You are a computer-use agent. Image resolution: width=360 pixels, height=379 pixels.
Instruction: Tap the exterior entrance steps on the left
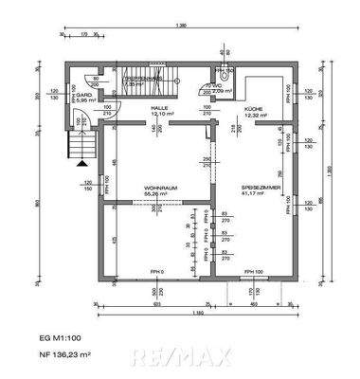pos(81,148)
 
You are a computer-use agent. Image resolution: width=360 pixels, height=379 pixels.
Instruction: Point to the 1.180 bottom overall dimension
pos(197,312)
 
